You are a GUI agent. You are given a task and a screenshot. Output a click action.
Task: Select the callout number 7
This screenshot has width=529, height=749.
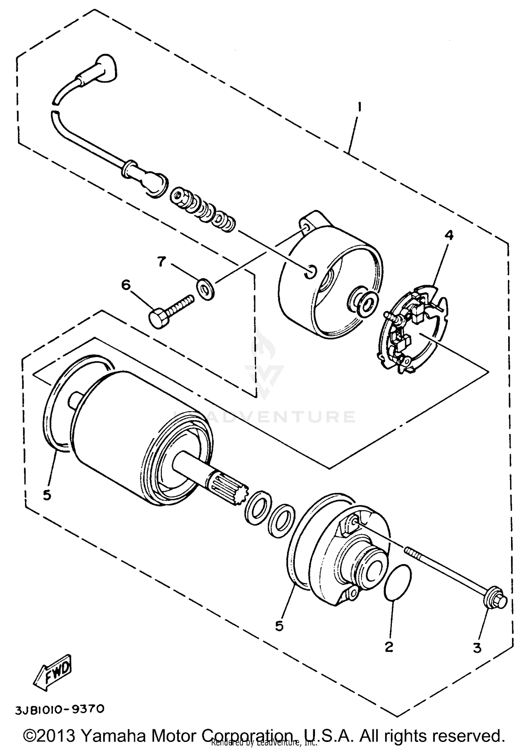[x=161, y=262]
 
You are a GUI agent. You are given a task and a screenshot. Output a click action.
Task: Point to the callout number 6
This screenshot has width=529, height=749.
[x=126, y=285]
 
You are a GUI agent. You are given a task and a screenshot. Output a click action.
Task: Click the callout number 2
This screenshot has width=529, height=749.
[x=389, y=647]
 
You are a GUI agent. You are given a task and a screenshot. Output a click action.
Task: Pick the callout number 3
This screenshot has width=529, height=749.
[x=477, y=648]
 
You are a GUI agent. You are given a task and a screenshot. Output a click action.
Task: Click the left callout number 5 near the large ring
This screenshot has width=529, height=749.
[x=47, y=495]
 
